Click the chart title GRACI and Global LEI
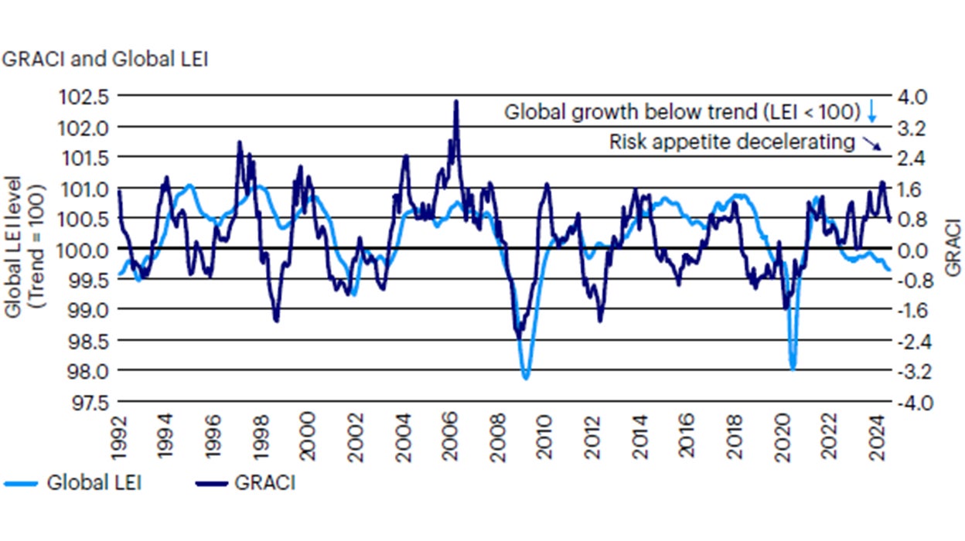coord(105,60)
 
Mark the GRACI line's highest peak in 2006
coord(456,101)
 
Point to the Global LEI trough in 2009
coord(526,378)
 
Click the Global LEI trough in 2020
coord(793,369)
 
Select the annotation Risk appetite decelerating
coord(732,142)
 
